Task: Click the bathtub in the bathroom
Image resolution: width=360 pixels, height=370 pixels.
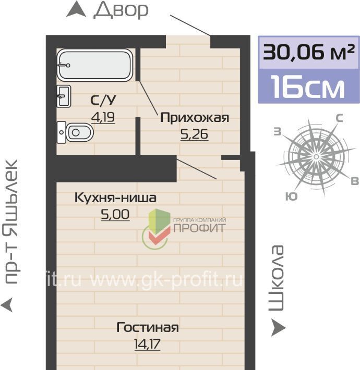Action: coord(94,65)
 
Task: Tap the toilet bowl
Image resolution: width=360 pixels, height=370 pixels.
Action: coord(76,132)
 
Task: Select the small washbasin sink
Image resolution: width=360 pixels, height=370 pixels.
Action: coord(64,96)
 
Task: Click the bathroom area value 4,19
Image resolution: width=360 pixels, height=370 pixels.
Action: coord(103,117)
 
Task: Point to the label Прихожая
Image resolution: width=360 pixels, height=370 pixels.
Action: coord(195,117)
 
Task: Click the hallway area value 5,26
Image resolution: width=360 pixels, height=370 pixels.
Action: coord(194,134)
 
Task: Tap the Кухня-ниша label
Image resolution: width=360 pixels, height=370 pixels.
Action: coord(115,198)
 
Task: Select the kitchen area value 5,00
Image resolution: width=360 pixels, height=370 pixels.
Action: coord(115,215)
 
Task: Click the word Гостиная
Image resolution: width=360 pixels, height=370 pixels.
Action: coord(148,327)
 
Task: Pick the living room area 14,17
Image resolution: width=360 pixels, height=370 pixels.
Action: coord(147,344)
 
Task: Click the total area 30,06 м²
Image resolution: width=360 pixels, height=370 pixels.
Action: coord(309,52)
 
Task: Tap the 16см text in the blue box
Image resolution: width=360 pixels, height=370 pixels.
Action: coord(308,87)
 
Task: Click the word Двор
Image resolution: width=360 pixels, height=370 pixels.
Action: coord(121,10)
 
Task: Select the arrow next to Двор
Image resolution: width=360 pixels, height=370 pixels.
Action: coord(76,9)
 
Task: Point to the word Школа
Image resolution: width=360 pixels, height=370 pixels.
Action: coord(276,278)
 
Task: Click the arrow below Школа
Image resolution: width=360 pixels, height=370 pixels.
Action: coord(278,327)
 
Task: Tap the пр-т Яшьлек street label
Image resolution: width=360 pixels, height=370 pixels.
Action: coord(11,222)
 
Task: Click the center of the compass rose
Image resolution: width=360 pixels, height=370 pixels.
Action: coord(316,157)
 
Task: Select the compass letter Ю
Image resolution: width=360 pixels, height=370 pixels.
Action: coord(291,196)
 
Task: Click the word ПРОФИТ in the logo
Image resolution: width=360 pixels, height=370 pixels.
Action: coord(200,228)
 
